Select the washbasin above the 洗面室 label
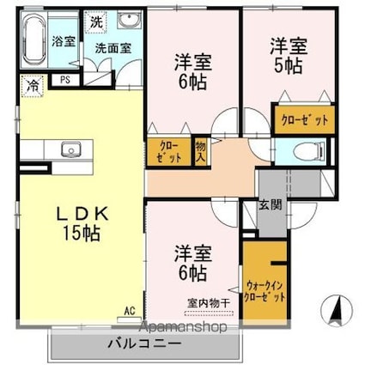coord(131,23)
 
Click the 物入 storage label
coord(200,153)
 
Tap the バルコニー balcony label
coord(143,343)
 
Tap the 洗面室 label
coord(113,49)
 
